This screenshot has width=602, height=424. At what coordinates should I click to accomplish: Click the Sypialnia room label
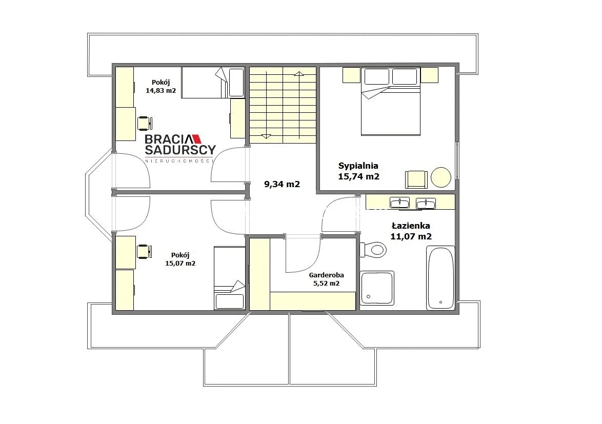coord(358,166)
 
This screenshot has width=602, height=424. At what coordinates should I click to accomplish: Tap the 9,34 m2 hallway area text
coord(282,184)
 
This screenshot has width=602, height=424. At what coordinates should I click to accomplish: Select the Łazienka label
coord(411,226)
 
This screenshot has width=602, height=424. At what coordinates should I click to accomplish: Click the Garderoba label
coord(326,275)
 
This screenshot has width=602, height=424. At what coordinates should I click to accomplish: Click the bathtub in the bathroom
coord(440,278)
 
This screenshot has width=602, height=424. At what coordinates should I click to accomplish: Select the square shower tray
coord(377,288)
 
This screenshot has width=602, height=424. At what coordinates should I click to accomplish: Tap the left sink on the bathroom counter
coord(399,202)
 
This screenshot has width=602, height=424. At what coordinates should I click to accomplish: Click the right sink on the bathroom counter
coord(426,203)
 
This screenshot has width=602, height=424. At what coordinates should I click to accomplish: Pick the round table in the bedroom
coord(441,177)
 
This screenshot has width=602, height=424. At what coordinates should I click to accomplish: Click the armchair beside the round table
coord(416,179)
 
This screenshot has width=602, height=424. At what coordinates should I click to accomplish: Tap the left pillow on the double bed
coord(376,76)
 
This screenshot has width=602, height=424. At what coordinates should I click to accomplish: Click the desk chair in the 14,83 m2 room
coord(145,123)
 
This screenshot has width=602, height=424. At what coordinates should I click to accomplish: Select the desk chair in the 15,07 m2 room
coord(145,251)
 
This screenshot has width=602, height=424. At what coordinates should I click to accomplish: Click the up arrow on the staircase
coord(299,74)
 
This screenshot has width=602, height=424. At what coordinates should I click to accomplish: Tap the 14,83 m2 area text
coord(161,91)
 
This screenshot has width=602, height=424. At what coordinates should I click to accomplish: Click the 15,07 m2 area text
coord(180,263)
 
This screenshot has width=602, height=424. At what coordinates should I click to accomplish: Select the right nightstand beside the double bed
coord(429,75)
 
